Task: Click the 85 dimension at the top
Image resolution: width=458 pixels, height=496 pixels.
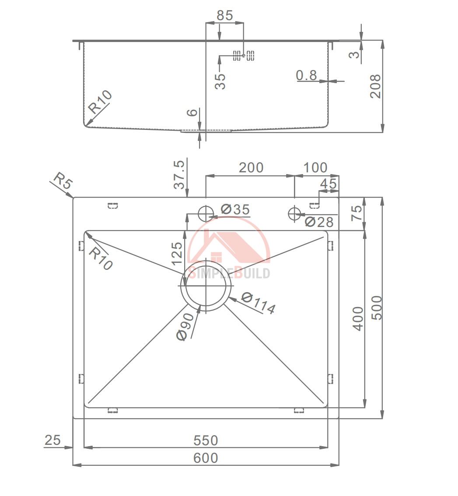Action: (225, 15)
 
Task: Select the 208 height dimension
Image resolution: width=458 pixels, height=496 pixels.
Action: (375, 86)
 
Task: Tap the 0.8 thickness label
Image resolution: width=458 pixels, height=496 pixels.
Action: (306, 75)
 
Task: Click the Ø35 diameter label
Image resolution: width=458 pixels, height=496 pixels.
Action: (235, 209)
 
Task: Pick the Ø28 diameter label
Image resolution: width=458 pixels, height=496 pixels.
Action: (319, 222)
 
